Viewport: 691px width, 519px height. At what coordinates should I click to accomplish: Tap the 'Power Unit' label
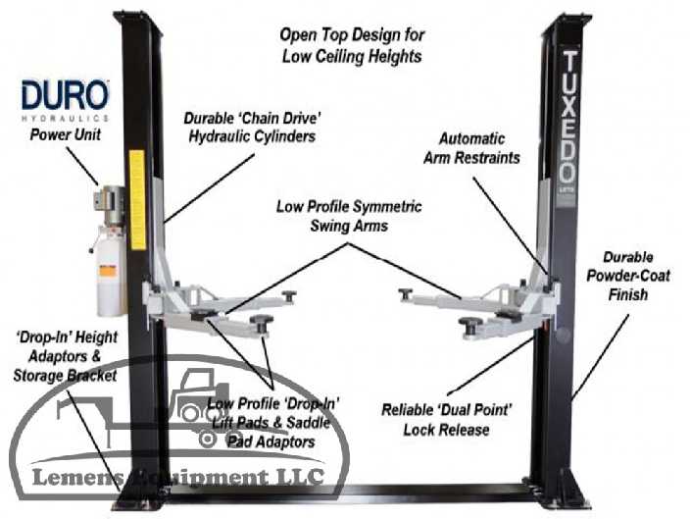point(65,134)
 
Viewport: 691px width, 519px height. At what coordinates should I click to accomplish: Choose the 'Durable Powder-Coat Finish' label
point(636,277)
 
